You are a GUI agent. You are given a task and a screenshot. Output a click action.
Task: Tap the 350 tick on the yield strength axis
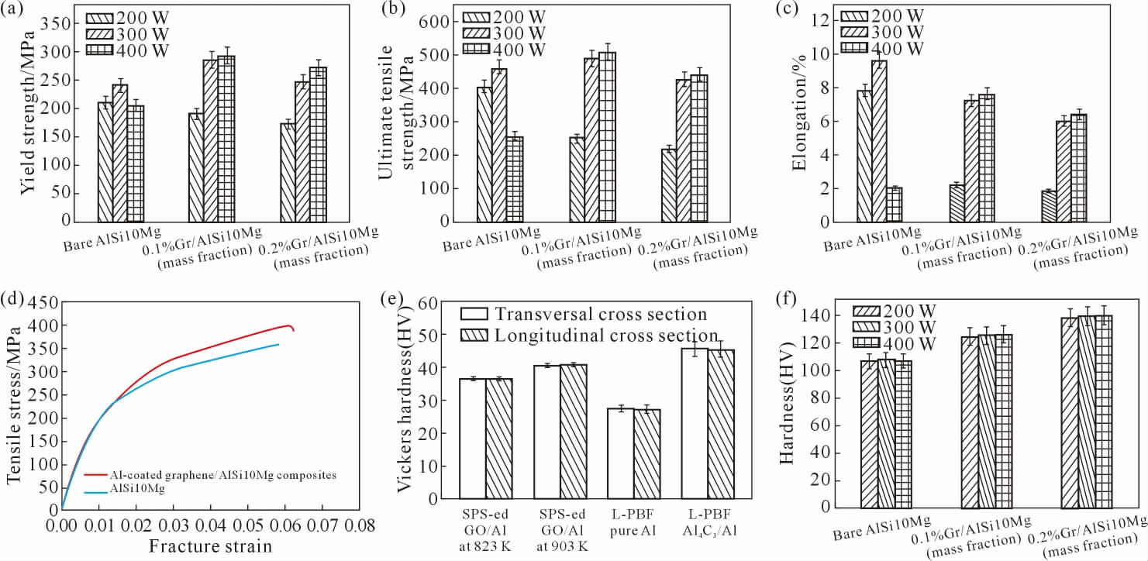60,23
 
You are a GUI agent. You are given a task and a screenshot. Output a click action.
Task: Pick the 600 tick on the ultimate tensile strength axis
441,22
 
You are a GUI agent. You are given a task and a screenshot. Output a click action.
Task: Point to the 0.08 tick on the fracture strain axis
356,525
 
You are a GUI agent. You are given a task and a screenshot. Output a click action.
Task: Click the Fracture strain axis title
210,546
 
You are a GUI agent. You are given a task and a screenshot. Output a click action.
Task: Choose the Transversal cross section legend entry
585,314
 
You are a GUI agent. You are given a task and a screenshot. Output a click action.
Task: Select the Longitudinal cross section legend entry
589,335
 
